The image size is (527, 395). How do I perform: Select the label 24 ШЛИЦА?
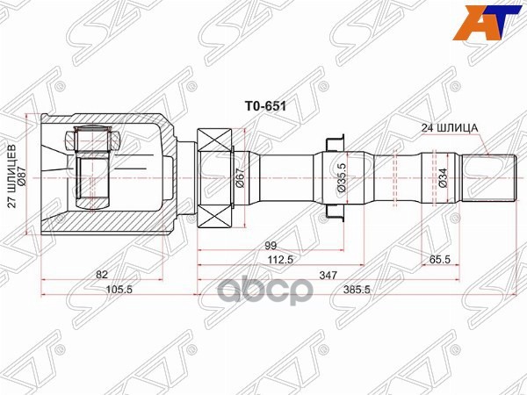pyautogui.click(x=449, y=127)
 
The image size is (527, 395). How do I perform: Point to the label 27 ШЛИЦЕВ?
pyautogui.click(x=12, y=176)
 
